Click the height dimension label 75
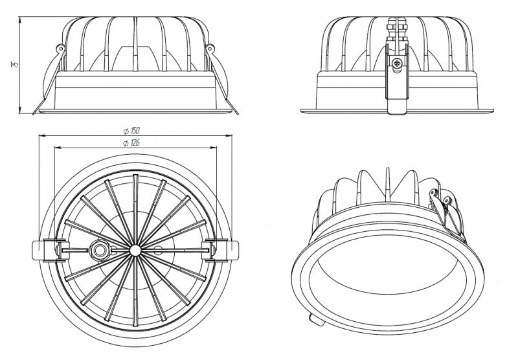pyautogui.click(x=15, y=64)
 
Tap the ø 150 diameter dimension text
pyautogui.click(x=131, y=131)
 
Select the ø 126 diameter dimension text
pyautogui.click(x=131, y=142)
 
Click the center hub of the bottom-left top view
pyautogui.click(x=135, y=251)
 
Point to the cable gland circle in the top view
pyautogui.click(x=99, y=251)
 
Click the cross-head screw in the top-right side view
pyautogui.click(x=397, y=63)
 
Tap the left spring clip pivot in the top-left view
pyautogui.click(x=61, y=49)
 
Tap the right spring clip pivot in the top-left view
pyautogui.click(x=210, y=49)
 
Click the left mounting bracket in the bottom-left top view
pyautogui.click(x=45, y=251)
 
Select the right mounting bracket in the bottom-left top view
pyautogui.click(x=222, y=251)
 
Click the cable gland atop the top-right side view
pyautogui.click(x=397, y=29)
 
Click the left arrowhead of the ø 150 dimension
pyautogui.click(x=41, y=135)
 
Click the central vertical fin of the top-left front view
pyautogui.click(x=135, y=44)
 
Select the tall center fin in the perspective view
pyautogui.click(x=387, y=185)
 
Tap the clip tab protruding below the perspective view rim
pyautogui.click(x=317, y=320)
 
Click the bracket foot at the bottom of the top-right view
pyautogui.click(x=397, y=107)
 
